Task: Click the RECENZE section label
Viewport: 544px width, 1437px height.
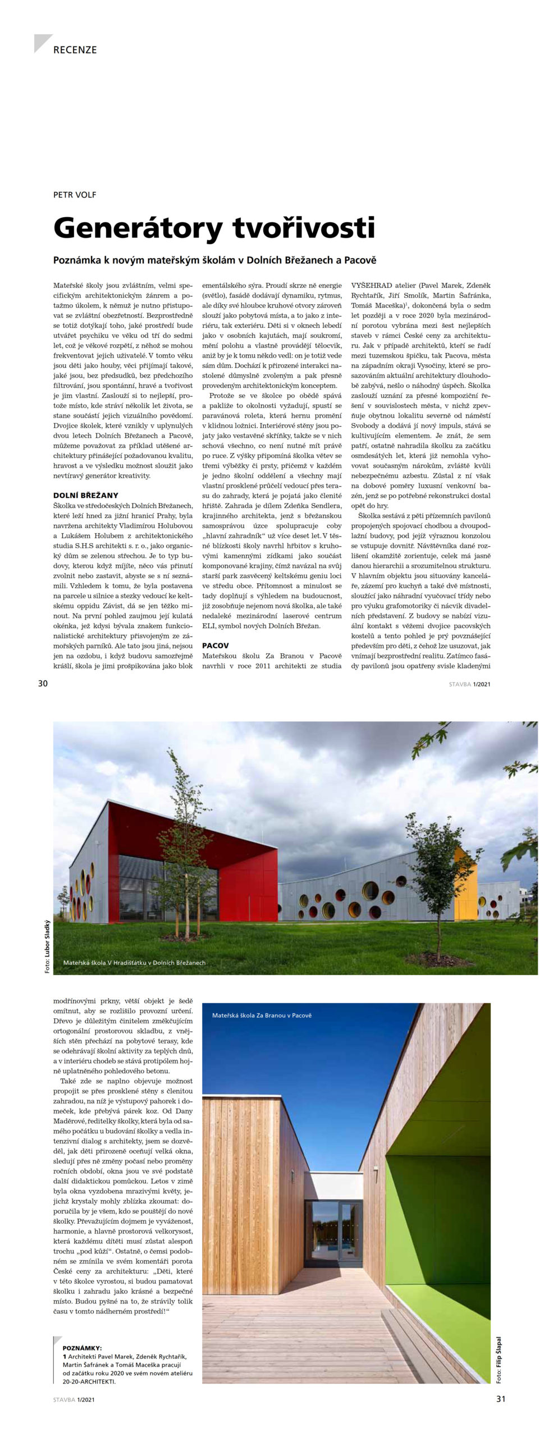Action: [75, 50]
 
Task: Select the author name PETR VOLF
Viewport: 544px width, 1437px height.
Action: [75, 195]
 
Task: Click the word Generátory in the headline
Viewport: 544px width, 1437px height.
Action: [130, 228]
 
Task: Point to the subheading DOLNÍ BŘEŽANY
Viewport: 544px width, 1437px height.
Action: [85, 495]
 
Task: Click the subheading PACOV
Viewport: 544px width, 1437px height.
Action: [216, 646]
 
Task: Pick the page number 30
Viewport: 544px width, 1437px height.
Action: [43, 683]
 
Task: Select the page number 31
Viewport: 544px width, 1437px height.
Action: [501, 1399]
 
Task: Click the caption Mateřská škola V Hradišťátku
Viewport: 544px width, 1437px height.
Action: [134, 963]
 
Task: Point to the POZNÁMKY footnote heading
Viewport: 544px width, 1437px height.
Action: [83, 1348]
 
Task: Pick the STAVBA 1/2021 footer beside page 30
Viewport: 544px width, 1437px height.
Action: [469, 684]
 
